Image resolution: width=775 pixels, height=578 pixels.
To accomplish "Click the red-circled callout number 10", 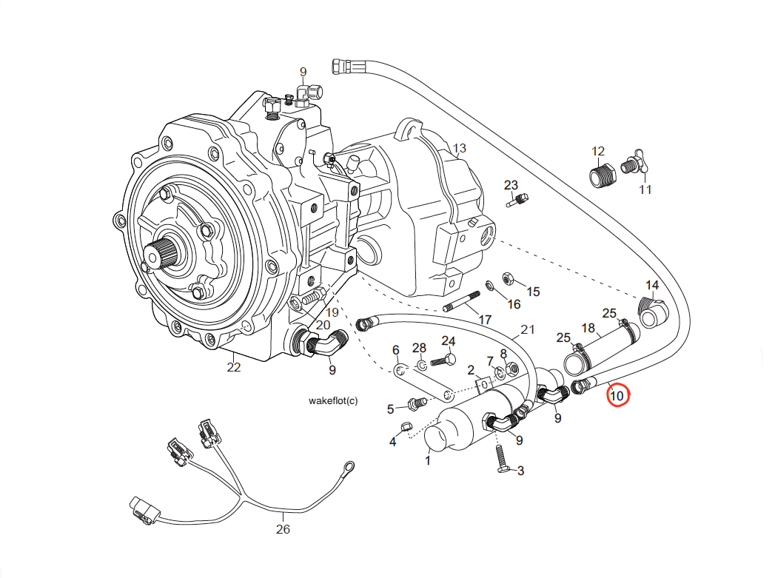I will click(x=617, y=396).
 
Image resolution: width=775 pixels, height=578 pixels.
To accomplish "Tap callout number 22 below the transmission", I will click(x=234, y=367).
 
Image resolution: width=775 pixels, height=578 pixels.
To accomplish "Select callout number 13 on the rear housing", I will click(x=460, y=149).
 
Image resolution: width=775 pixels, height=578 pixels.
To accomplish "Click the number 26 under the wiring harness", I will click(x=283, y=529).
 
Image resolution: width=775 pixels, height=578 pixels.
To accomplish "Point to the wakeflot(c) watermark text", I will click(x=332, y=400).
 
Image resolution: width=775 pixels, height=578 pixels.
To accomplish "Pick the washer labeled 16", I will click(x=491, y=286).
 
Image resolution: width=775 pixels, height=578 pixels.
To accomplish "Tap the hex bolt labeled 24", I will click(x=446, y=360).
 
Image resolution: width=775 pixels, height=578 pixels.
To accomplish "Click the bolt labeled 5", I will click(x=415, y=403).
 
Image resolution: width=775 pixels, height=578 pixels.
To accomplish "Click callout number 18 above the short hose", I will click(x=588, y=329).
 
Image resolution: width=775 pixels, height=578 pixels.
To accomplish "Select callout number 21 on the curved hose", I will click(x=527, y=330).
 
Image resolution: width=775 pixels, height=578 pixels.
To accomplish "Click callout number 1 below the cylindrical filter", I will click(x=427, y=460).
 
